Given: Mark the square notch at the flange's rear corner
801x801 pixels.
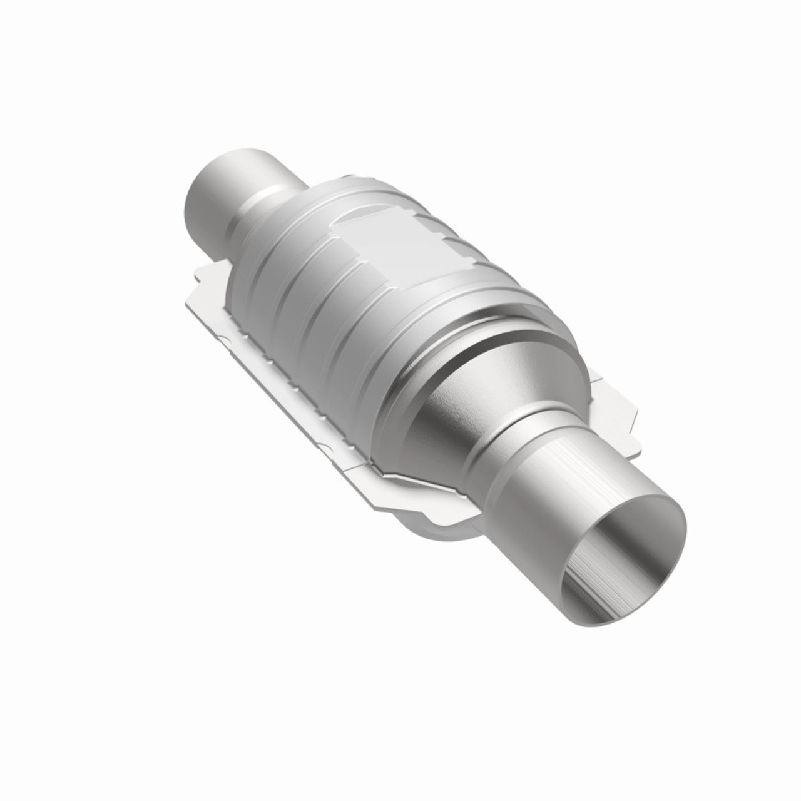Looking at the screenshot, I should pos(199,277).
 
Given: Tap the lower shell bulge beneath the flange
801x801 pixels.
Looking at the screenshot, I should pos(438,538).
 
